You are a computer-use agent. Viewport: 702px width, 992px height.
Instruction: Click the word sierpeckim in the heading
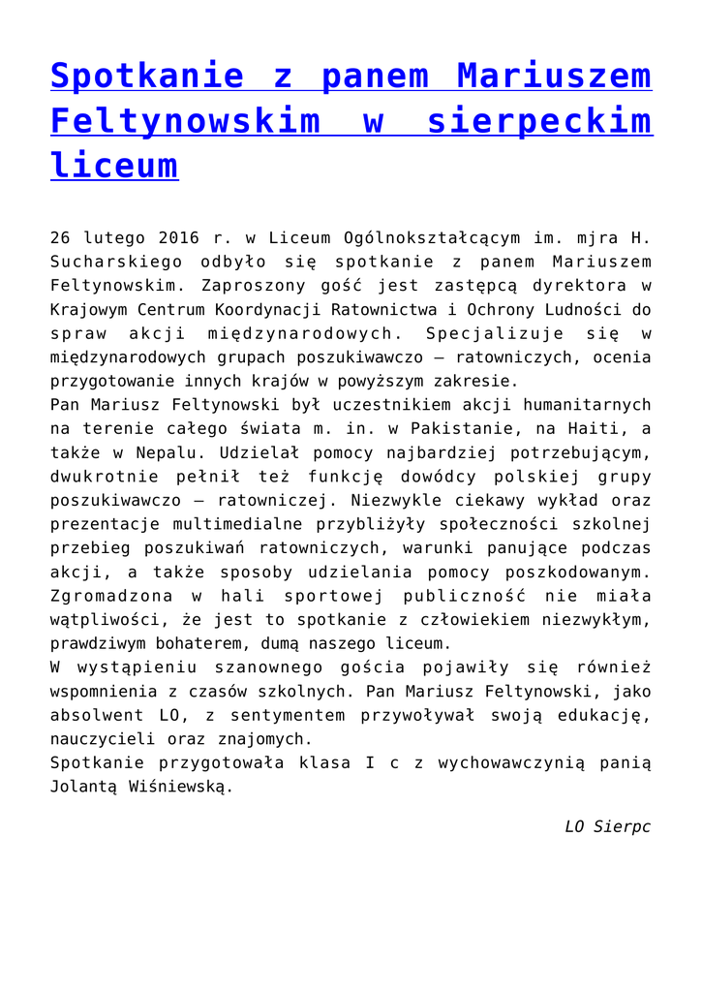539,121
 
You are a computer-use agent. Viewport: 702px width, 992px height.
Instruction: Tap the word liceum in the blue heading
113,165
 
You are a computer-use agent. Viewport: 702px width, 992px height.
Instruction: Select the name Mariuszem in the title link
554,76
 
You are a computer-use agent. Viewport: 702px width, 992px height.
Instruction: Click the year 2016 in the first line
176,237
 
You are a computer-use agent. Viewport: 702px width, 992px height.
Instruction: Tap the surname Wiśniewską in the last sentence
178,787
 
